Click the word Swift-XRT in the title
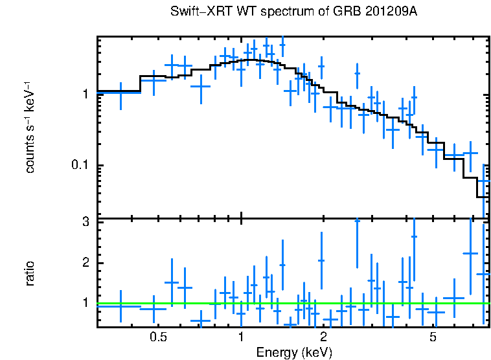tap(197, 12)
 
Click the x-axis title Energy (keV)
tap(294, 353)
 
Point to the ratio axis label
tap(30, 273)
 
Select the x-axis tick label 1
tap(241, 337)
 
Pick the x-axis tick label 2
tap(323, 337)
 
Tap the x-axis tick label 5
tap(433, 337)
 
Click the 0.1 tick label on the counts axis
tap(79, 165)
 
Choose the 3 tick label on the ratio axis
tap(84, 222)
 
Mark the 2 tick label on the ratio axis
tap(84, 262)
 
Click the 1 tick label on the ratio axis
tap(84, 302)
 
